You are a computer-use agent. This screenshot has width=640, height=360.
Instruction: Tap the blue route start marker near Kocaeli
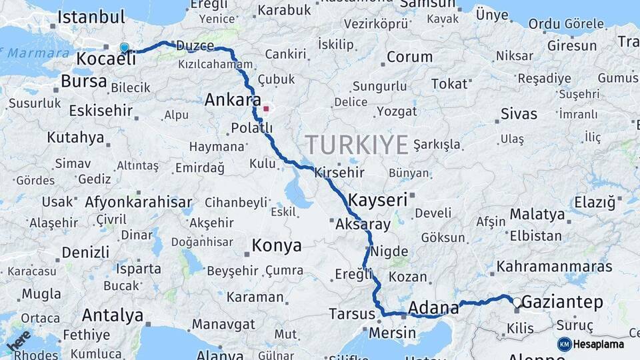124,47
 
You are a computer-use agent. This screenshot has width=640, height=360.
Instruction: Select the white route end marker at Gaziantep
517,302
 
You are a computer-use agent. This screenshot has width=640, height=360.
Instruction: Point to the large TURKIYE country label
357,145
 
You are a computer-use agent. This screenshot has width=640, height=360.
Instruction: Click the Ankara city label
233,101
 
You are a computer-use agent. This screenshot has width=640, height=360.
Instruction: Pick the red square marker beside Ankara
266,108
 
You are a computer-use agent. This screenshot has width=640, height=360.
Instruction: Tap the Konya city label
276,246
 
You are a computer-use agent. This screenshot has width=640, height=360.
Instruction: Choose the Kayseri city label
378,199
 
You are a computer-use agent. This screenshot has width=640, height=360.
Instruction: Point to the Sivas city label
519,114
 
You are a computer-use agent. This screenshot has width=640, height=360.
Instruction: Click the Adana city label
433,308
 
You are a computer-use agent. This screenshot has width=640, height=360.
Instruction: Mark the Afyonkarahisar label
138,202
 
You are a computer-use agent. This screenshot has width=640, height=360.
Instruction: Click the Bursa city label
83,81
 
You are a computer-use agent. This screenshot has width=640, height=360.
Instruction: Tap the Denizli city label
85,253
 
